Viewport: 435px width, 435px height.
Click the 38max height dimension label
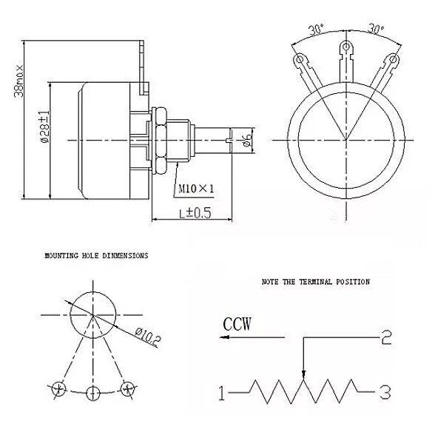[19, 81]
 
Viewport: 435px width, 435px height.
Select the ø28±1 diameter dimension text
[44, 127]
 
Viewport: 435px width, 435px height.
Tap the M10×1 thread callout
[196, 189]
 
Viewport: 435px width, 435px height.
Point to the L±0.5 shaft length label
[195, 213]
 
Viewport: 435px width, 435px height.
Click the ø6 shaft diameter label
[248, 140]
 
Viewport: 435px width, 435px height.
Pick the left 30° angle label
[317, 30]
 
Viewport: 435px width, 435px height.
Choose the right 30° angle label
[376, 29]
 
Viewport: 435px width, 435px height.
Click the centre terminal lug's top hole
[346, 46]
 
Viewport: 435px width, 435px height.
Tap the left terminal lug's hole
[300, 59]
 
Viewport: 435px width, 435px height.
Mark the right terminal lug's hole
[393, 59]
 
